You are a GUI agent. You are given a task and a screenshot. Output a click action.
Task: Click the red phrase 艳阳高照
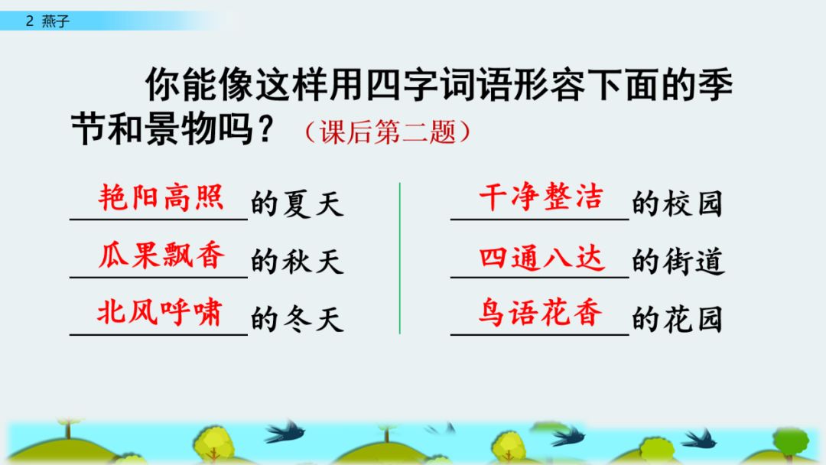coord(161,198)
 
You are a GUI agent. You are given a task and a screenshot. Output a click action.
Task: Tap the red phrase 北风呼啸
coord(159,313)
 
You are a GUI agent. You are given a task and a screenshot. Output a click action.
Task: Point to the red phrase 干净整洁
coord(540,198)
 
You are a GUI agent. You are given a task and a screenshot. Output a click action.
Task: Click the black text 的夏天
coord(297,205)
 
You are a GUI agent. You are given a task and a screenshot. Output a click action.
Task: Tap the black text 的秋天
coord(297,262)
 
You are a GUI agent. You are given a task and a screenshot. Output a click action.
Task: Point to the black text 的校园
coord(677,204)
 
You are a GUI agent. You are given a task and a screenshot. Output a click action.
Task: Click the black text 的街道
coord(678,262)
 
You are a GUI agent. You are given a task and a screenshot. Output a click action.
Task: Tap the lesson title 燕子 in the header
coord(57,21)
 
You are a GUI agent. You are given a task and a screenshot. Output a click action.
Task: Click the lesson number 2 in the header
coord(29,21)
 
